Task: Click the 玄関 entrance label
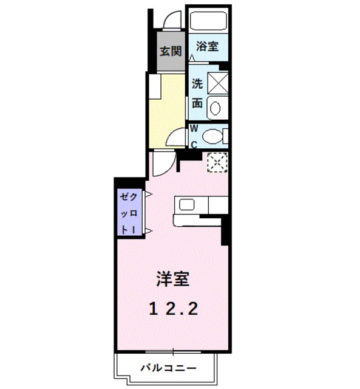pos(171,51)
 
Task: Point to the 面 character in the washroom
pos(197,103)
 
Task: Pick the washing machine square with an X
pos(217,82)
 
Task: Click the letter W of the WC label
pos(194,128)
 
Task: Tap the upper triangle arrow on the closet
pos(147,195)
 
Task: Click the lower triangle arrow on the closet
pos(147,230)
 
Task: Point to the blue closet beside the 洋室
pos(129,213)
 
